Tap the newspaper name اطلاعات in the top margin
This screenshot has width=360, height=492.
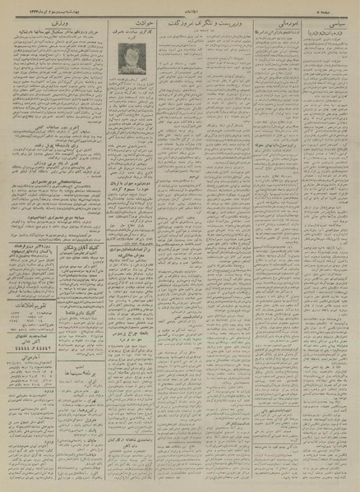click(179, 9)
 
